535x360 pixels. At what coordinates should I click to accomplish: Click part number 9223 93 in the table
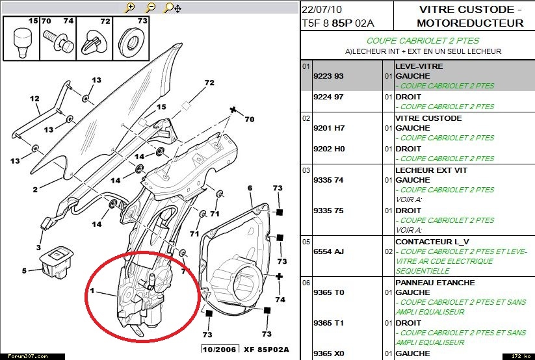(x=330, y=76)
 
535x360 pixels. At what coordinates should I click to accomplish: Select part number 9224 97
(x=330, y=97)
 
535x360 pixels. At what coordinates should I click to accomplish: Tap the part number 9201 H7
(x=330, y=128)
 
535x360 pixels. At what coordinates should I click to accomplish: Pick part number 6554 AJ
(x=329, y=251)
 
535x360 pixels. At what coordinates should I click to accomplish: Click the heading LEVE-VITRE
(x=418, y=66)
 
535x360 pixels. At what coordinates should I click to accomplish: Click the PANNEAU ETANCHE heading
(x=435, y=283)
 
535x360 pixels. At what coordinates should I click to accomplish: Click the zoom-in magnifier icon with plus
(x=130, y=8)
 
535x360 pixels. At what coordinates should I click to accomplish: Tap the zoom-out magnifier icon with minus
(x=151, y=8)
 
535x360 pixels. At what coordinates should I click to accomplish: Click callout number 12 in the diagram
(x=34, y=99)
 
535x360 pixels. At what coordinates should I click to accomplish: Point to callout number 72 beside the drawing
(x=209, y=83)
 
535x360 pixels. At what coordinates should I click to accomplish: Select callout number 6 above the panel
(x=250, y=188)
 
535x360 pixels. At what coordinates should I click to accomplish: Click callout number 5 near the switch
(x=25, y=270)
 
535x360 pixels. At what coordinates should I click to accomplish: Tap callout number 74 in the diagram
(x=280, y=300)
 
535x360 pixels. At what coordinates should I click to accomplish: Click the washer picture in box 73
(x=133, y=40)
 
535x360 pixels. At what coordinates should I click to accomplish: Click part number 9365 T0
(x=329, y=292)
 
